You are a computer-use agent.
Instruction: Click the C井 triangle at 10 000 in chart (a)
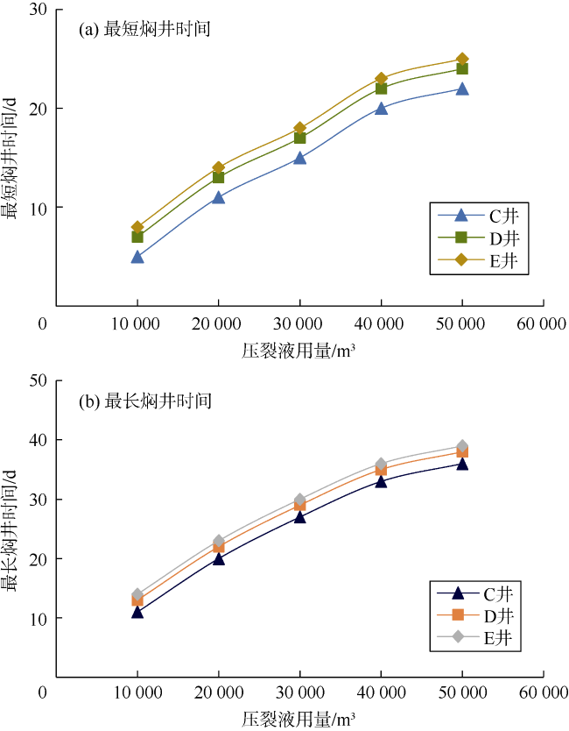[137, 257]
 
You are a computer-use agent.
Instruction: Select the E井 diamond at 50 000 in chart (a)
[462, 60]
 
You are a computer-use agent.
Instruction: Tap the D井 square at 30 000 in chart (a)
[299, 138]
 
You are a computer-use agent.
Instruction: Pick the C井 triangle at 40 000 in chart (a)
[381, 109]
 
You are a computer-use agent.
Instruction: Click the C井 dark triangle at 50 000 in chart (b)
[462, 464]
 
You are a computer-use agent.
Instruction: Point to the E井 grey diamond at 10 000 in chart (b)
[137, 594]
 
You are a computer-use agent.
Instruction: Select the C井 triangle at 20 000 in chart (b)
[218, 558]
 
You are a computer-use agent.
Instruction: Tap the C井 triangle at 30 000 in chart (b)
[299, 517]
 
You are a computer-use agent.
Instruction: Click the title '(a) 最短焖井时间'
[145, 29]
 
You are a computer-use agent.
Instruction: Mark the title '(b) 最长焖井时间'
[145, 401]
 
